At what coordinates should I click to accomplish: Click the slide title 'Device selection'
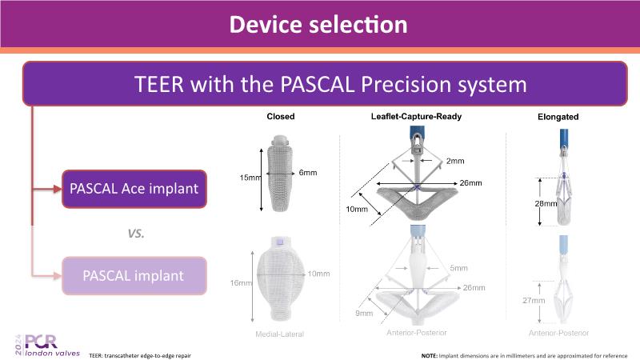point(318,24)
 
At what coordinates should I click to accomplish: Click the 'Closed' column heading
point(281,117)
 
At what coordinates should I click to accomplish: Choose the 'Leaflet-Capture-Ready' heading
point(416,117)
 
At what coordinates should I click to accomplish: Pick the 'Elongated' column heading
point(558,118)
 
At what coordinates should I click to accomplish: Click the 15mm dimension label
point(250,177)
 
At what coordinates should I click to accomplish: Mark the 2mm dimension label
point(455,162)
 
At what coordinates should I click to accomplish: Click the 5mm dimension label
point(459,268)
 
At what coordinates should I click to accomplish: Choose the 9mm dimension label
point(365,314)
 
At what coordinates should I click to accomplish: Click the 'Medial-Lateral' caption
point(280,334)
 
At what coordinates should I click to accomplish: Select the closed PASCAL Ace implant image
point(281,178)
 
